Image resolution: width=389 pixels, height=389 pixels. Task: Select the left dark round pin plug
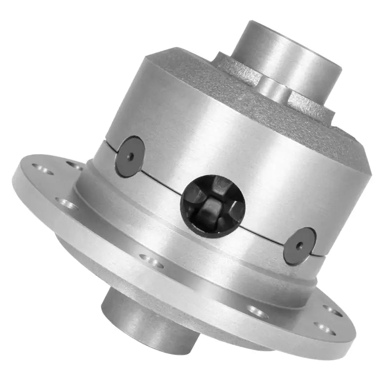pyautogui.click(x=129, y=156)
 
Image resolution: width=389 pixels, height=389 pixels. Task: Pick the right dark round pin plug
pyautogui.click(x=299, y=246)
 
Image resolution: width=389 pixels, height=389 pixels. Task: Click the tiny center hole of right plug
pyautogui.click(x=299, y=246)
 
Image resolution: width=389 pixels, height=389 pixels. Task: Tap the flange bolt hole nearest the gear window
pyautogui.click(x=151, y=262)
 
